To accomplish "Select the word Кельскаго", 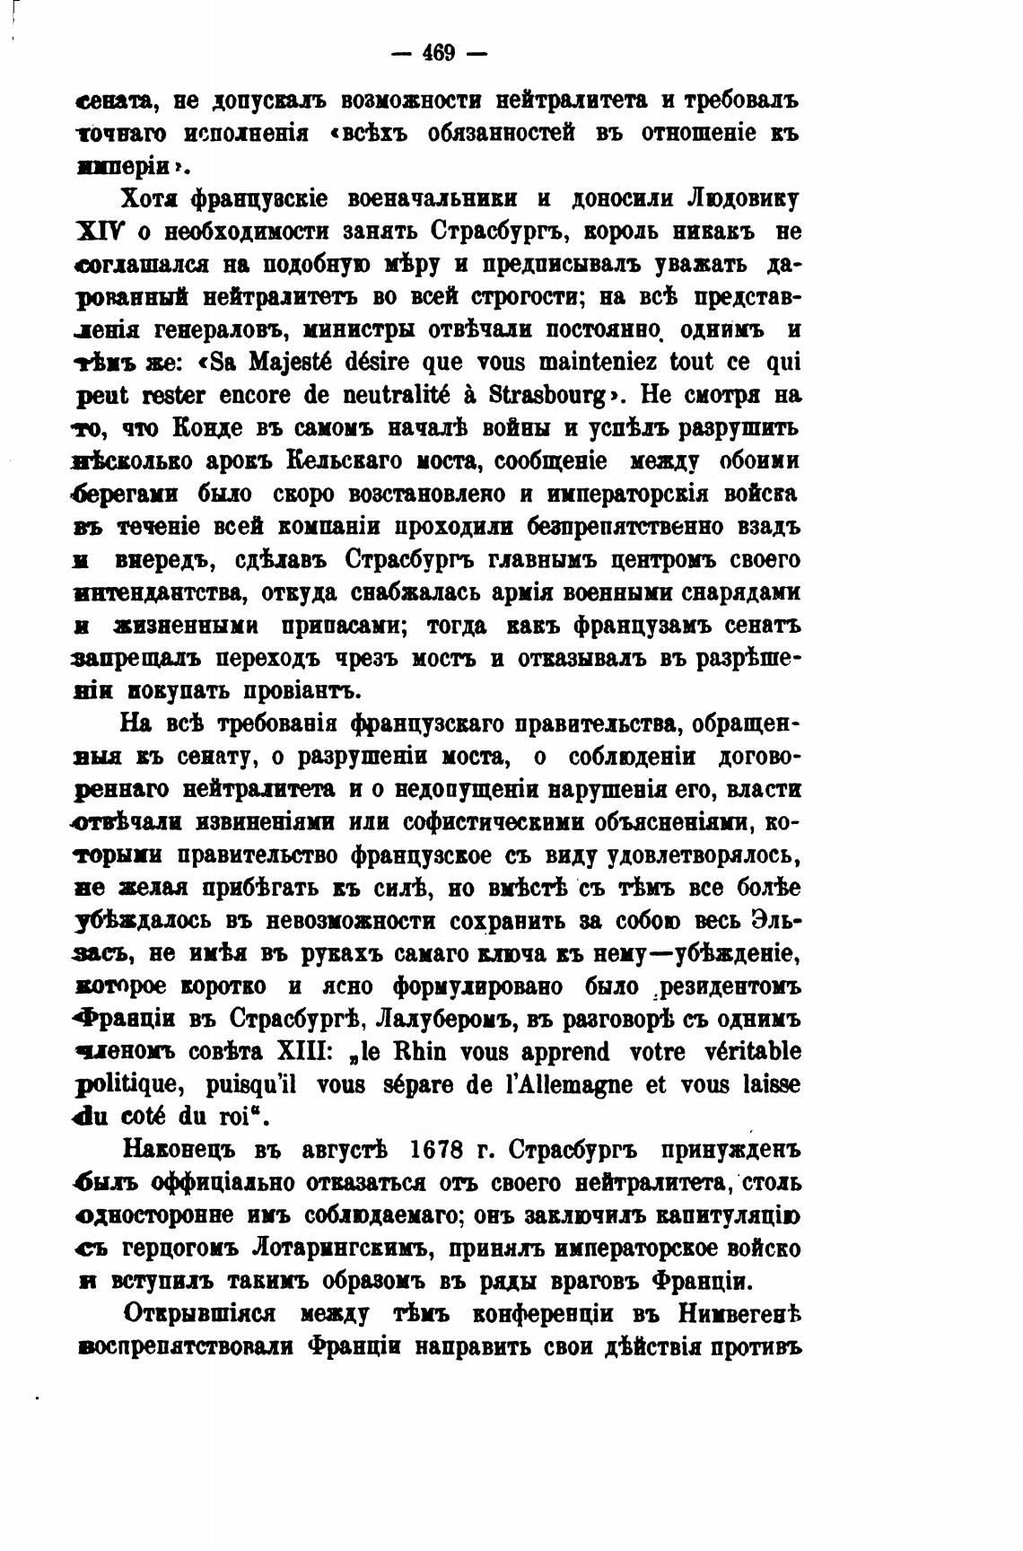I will [345, 461].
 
